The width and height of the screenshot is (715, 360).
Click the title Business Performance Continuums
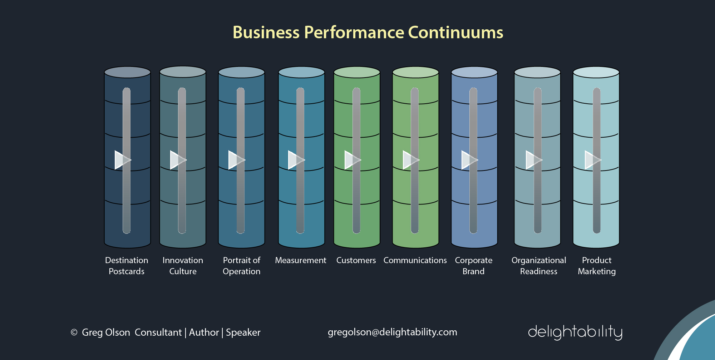368,33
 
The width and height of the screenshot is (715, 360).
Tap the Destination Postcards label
127,266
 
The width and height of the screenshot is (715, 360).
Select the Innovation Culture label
183,266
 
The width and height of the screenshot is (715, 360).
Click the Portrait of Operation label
241,266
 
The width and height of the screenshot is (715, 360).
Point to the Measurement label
301,260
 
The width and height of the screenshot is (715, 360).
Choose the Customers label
356,260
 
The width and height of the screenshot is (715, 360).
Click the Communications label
415,260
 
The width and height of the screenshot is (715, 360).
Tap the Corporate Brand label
474,266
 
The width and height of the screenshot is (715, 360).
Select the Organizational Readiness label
539,266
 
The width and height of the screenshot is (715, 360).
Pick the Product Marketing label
597,266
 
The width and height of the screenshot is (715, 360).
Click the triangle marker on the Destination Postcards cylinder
122,160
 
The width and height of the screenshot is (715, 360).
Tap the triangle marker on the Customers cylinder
351,160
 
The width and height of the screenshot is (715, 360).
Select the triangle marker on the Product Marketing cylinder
592,160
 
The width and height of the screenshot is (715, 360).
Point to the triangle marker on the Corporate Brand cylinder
468,160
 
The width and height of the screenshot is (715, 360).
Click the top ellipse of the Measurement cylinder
301,72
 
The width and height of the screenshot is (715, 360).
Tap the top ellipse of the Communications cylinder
415,72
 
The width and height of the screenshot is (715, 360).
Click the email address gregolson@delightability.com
392,332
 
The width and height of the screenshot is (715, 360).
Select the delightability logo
575,332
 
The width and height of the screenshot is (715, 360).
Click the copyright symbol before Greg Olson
74,332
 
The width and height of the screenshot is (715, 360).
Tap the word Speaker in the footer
243,332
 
